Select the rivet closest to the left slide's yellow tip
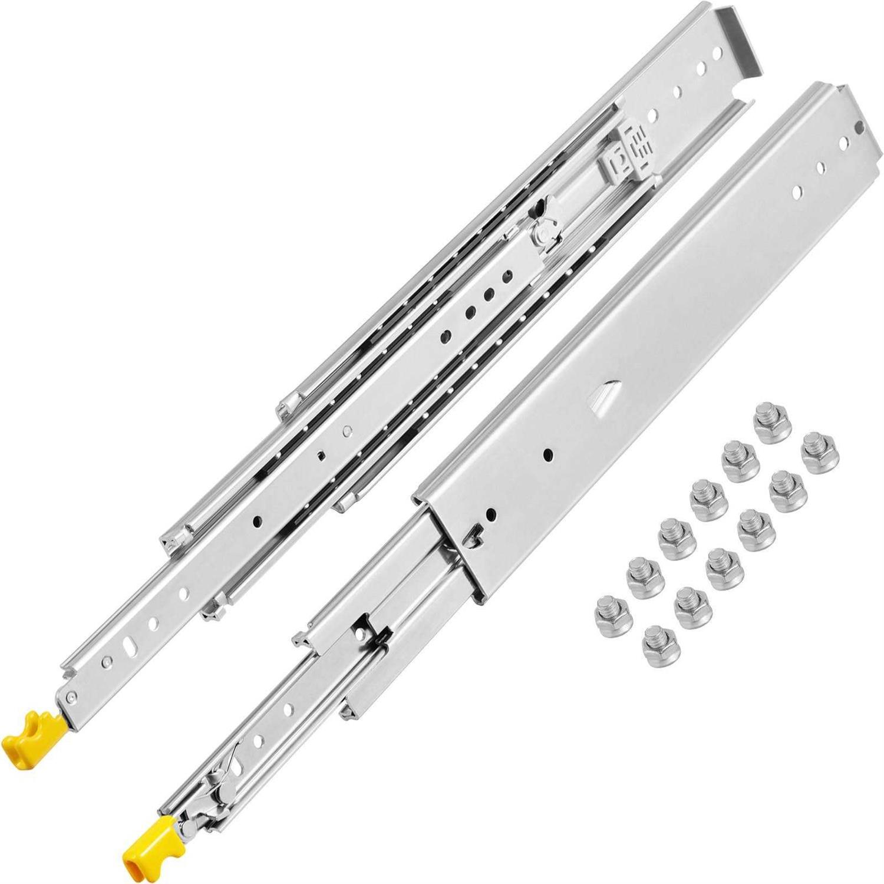(x=71, y=697)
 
